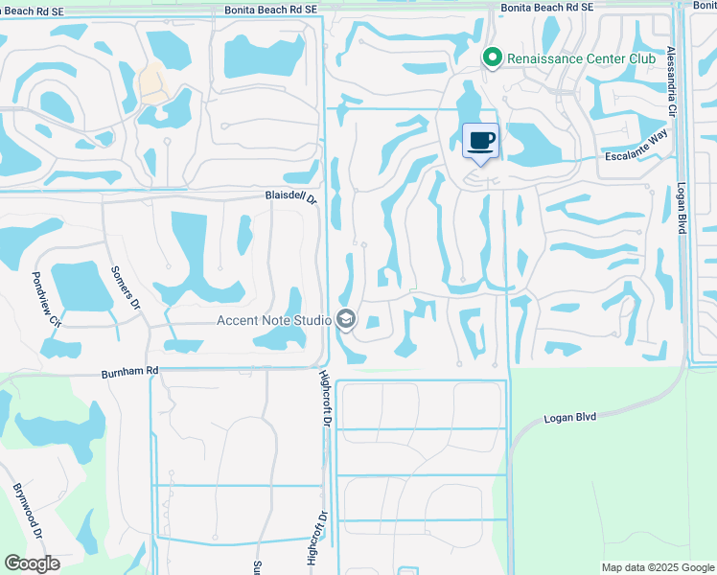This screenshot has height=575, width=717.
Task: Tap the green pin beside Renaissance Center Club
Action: (493, 59)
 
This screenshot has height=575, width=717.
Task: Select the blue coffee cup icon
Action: (481, 141)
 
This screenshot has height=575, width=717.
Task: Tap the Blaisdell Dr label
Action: (290, 196)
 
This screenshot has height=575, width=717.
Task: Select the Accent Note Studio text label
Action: (273, 319)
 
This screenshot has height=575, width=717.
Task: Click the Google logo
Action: (32, 563)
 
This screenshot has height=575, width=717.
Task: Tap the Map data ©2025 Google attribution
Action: (657, 567)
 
